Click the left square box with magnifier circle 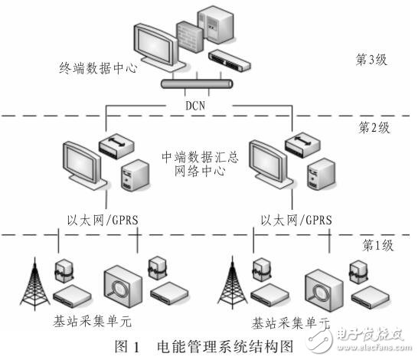tap(119, 284)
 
